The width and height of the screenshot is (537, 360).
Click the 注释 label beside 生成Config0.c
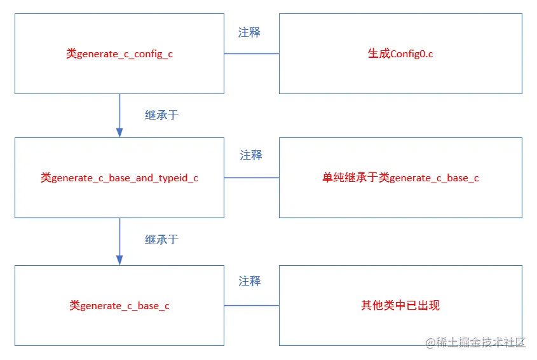pyautogui.click(x=249, y=32)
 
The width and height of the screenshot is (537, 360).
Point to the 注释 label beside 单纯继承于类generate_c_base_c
pyautogui.click(x=251, y=155)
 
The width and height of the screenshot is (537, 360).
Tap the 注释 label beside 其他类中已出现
pyautogui.click(x=250, y=281)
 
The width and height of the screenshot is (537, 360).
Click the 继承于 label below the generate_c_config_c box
pyautogui.click(x=162, y=115)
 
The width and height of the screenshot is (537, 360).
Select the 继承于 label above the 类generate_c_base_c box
pyautogui.click(x=162, y=240)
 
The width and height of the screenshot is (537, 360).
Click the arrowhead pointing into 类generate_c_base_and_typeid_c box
pyautogui.click(x=119, y=132)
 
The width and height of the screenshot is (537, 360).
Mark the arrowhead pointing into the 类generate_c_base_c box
pyautogui.click(x=119, y=260)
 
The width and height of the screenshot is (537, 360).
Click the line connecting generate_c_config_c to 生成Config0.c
pyautogui.click(x=251, y=54)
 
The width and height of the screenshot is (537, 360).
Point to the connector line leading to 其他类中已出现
pyautogui.click(x=251, y=306)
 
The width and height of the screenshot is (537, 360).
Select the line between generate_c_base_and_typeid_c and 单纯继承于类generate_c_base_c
pyautogui.click(x=251, y=178)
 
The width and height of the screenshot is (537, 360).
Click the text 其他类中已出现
pyautogui.click(x=400, y=306)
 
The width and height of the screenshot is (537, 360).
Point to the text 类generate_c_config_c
pyautogui.click(x=119, y=54)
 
